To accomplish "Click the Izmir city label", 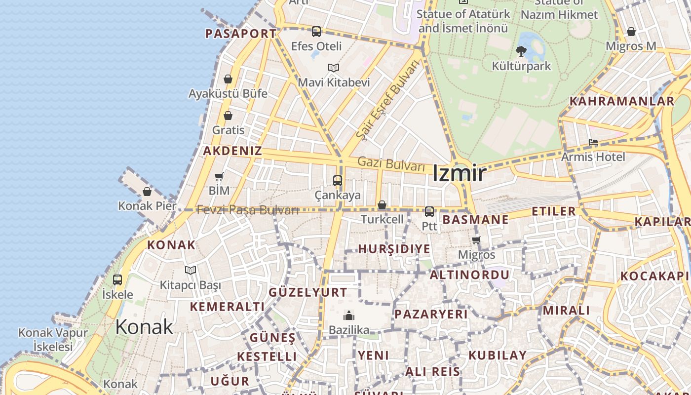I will pos(459,173).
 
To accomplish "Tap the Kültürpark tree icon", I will pos(521,51).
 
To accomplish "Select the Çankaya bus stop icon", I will pos(338,181).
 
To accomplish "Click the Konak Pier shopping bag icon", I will pos(147,192).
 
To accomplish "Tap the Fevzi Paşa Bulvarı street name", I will pos(248,210).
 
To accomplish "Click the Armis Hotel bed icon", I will pos(593,143).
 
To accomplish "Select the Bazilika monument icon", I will pos(349,316).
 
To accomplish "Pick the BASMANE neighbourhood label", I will pos(475,220).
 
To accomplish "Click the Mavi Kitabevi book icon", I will pos(334,68).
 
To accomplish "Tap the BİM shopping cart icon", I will pos(219,176).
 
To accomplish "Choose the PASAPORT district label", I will pos(240,34).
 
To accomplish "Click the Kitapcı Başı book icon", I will pos(191,270).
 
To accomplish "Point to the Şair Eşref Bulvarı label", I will pos(387,99).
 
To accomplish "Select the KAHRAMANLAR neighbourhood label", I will pos(621,101).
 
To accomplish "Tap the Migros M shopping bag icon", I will pos(631,32).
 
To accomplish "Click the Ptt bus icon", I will pos(429,212).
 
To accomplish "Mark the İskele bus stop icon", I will pos(117,280).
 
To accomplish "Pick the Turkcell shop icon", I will pos(382,205).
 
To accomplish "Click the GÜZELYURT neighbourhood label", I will pos(308,292).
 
